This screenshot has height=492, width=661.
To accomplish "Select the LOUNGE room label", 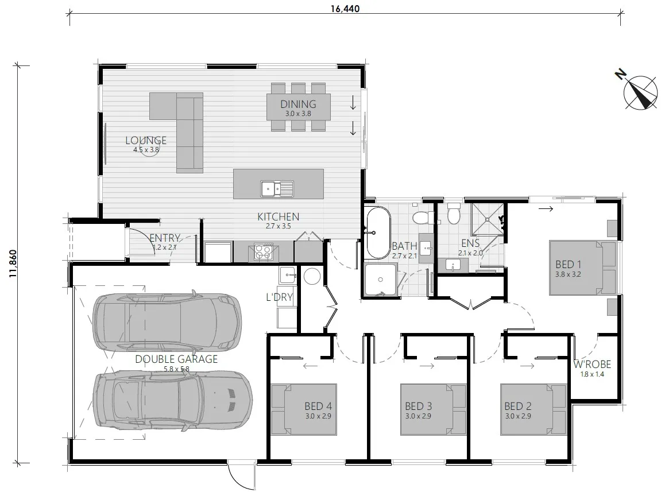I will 146,141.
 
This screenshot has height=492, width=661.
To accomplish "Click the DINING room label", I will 298,104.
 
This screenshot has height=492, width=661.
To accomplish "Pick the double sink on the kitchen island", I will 277,187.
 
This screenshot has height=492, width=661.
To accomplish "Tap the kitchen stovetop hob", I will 263,250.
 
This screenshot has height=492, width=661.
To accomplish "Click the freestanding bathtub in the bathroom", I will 377,233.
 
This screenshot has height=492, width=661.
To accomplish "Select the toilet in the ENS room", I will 454,214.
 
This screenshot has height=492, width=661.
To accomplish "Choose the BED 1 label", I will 569,265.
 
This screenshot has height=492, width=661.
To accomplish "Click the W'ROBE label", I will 592,365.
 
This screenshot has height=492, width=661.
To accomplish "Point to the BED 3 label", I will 418,406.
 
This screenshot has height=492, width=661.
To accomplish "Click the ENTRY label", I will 165,238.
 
